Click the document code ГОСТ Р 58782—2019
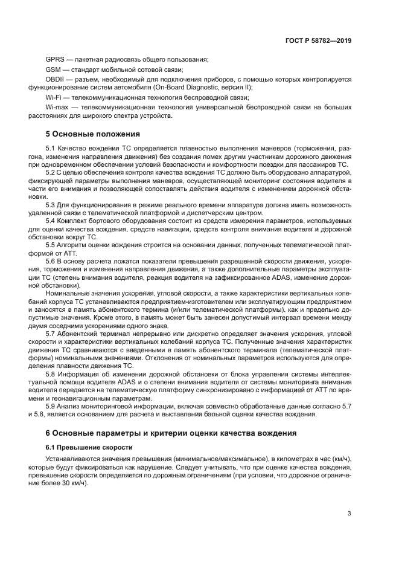(318, 40)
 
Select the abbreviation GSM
(54, 69)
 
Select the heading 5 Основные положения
(92, 134)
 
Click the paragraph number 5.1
(50, 149)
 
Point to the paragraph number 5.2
(50, 173)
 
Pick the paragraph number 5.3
(50, 205)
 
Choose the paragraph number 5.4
(50, 222)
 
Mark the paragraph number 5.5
(50, 245)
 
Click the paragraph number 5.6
(50, 261)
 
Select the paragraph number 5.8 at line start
(50, 373)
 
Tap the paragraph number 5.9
(50, 405)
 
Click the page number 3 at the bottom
(350, 513)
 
